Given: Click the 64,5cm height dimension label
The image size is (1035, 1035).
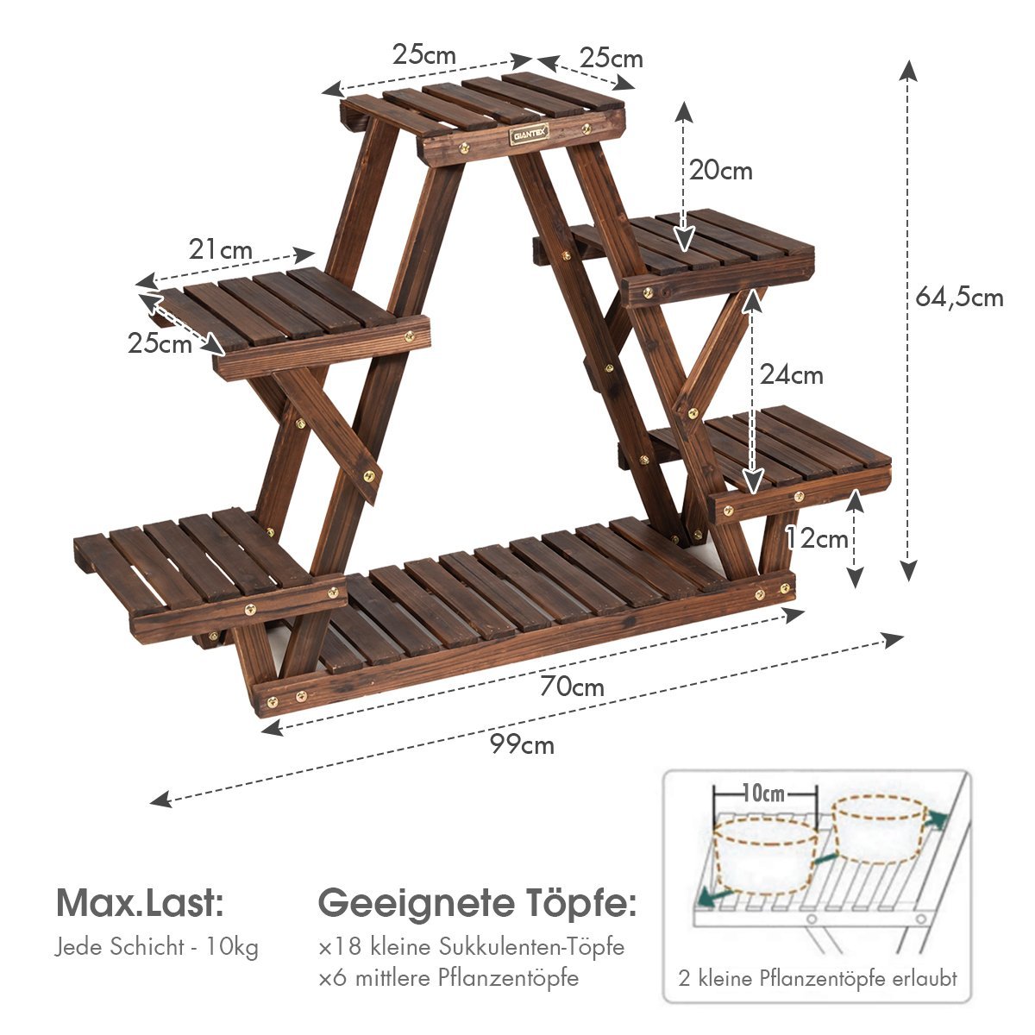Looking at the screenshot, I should point(959,298).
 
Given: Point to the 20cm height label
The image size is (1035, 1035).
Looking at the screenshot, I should point(720,171).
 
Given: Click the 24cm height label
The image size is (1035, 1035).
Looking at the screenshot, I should point(791,375).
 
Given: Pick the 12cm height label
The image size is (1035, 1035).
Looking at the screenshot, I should point(816,539).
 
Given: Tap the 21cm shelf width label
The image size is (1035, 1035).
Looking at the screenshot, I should point(222,250).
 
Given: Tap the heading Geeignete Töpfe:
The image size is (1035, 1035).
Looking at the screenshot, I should point(478,904).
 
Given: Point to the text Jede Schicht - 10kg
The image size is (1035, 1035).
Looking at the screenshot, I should point(157,947).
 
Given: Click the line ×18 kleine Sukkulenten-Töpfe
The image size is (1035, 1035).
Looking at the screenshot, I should point(471,947).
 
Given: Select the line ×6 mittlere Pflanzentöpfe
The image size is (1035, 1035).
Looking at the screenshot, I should point(448,978).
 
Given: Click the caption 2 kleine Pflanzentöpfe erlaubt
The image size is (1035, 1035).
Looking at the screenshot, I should point(817,979).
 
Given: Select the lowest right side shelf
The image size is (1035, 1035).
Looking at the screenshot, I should point(776,453).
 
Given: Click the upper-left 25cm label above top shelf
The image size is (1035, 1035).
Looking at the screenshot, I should point(423,54).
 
